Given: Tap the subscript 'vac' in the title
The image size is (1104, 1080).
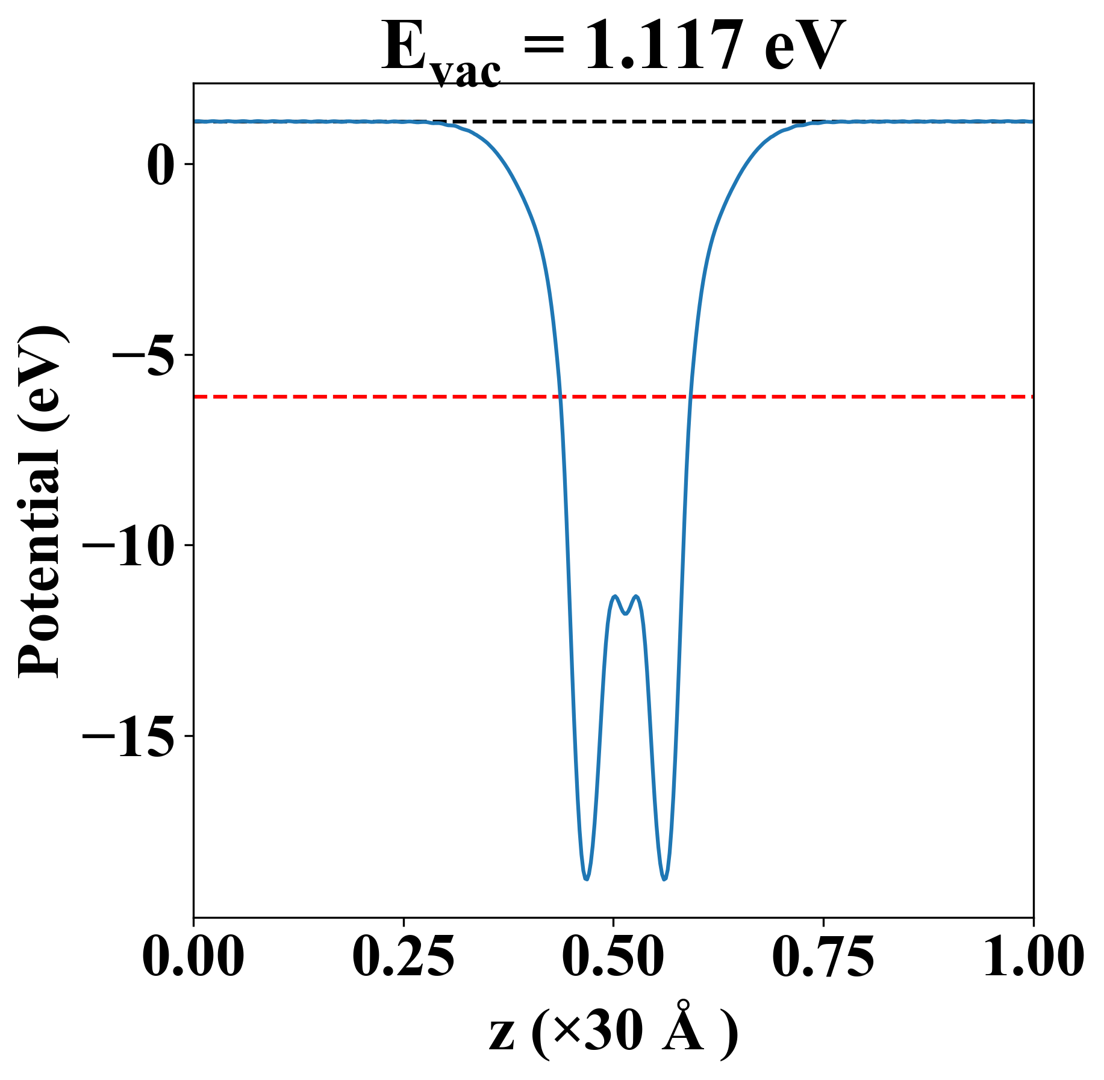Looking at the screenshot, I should click(x=466, y=73).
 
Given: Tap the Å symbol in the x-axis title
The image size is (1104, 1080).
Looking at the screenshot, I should click(x=684, y=1028).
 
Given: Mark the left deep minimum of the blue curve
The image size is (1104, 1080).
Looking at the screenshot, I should click(x=586, y=879).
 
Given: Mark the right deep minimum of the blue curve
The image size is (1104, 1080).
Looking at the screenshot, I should click(x=664, y=879).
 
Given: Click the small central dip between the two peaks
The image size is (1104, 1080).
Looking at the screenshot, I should click(x=626, y=613).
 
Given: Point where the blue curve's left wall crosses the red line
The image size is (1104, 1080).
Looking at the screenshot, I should click(x=560, y=397).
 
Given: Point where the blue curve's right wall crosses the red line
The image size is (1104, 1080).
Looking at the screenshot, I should click(x=691, y=397).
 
